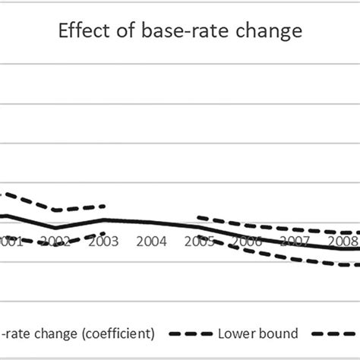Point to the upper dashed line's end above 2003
point(104,206)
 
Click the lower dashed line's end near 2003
point(104,233)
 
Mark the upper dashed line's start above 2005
point(198,216)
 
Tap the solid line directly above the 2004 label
point(151,223)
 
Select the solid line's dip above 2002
point(55,228)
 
